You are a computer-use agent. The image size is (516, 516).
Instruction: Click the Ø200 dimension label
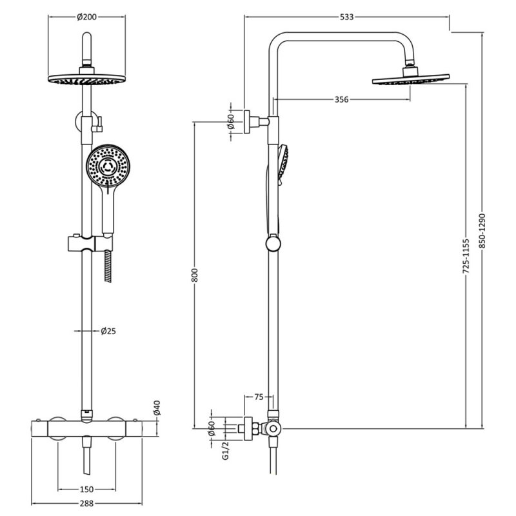tap(86, 17)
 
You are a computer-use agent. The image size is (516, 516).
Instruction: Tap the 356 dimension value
tap(342, 99)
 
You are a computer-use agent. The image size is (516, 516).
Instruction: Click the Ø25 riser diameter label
tap(108, 332)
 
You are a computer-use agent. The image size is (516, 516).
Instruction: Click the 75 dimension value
tap(258, 397)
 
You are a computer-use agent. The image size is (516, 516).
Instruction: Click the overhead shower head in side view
tap(409, 80)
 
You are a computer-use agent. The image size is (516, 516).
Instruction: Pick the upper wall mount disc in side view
tap(246, 121)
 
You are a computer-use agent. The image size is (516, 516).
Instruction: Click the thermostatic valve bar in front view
tap(94, 428)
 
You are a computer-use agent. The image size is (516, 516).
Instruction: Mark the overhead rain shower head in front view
tap(84, 79)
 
